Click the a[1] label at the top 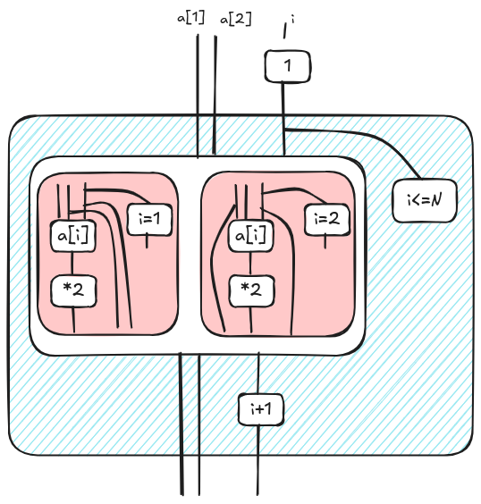click(190, 18)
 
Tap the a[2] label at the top click(236, 19)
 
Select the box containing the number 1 click(288, 66)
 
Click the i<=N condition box click(425, 201)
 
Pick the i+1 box click(261, 409)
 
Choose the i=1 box click(149, 219)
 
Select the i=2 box click(327, 219)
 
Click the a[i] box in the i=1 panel click(73, 236)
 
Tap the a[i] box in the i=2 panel click(251, 236)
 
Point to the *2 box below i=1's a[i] click(73, 290)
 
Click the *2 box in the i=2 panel click(252, 290)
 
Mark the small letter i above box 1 click(292, 20)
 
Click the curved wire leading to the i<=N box click(370, 134)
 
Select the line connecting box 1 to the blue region click(283, 99)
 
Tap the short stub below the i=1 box click(148, 241)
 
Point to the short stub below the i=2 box click(325, 241)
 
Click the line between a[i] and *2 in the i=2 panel click(250, 264)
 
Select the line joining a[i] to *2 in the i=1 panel click(72, 264)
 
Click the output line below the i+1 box click(258, 459)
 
